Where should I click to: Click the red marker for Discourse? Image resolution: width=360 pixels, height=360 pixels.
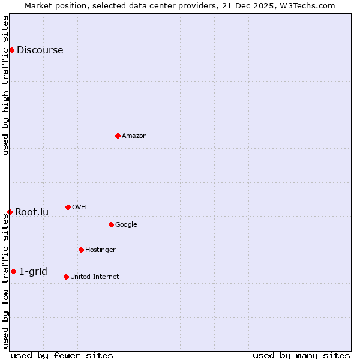click(11, 50)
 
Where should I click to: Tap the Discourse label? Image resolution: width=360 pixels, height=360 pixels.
click(40, 50)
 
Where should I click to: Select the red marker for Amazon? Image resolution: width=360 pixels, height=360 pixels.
click(118, 136)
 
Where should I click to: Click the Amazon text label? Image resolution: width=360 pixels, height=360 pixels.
click(134, 136)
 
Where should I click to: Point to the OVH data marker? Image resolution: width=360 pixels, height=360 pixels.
click(68, 207)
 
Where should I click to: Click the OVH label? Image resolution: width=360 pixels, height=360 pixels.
click(79, 208)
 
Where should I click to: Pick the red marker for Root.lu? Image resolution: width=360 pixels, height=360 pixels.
click(10, 212)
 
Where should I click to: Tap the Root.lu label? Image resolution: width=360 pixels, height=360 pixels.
click(32, 212)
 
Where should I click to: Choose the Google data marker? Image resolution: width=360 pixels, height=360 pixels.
click(111, 224)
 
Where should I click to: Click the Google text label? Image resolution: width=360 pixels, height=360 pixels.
click(126, 225)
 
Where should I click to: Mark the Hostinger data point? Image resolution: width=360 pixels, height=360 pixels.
click(81, 250)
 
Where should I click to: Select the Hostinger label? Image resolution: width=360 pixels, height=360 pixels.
click(100, 250)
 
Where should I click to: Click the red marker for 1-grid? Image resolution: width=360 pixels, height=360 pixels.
click(13, 271)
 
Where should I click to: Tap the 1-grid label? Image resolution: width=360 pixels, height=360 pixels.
click(33, 272)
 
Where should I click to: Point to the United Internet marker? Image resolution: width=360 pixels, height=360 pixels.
click(66, 277)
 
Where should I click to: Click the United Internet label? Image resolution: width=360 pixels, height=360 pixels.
click(95, 277)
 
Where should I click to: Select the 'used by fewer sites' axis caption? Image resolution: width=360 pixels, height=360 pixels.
click(62, 355)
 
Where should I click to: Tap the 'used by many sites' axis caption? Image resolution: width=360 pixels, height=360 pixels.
click(301, 355)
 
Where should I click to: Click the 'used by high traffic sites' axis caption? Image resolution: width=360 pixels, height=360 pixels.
click(5, 85)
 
